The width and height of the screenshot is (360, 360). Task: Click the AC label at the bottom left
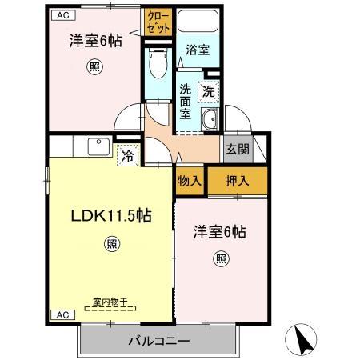62,314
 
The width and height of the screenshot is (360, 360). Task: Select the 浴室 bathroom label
198,50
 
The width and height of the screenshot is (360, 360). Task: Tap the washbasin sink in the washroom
210,122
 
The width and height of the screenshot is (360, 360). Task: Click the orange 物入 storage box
190,180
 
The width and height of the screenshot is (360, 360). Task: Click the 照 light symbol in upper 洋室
95,67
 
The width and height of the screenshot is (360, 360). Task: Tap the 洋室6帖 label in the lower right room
219,232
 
